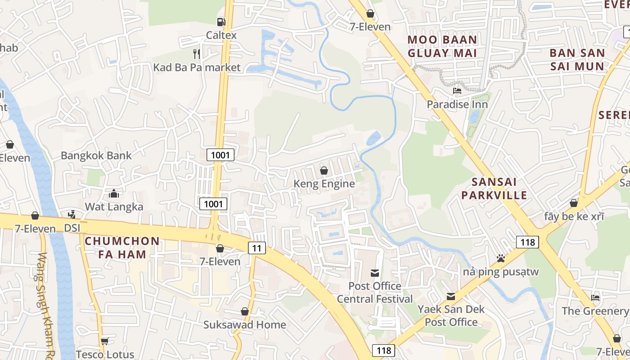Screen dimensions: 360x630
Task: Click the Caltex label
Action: point(221,35)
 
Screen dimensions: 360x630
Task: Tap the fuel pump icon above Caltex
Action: point(221,22)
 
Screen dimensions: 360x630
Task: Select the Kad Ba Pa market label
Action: point(197,67)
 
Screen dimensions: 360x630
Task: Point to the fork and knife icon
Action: point(197,54)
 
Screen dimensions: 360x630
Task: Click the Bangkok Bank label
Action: point(96,156)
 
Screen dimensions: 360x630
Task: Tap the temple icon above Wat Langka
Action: point(114,193)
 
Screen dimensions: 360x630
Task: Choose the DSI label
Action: point(72,228)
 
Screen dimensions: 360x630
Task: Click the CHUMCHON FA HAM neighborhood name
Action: point(122,247)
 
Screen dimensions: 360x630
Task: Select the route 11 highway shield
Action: point(256,247)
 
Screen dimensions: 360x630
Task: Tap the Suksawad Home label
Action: point(244,324)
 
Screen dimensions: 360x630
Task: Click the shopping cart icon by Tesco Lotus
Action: point(105,342)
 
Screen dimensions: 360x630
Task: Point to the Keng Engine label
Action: point(324,184)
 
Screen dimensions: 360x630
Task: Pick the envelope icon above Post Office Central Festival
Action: point(374,273)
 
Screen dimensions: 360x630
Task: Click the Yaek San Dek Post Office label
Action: point(451,315)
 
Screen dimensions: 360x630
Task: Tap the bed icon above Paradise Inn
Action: point(457,91)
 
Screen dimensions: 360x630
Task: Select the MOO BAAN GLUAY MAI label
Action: point(442,46)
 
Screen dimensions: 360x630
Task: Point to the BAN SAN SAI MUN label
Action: point(577,59)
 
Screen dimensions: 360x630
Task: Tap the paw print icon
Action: point(500,258)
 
